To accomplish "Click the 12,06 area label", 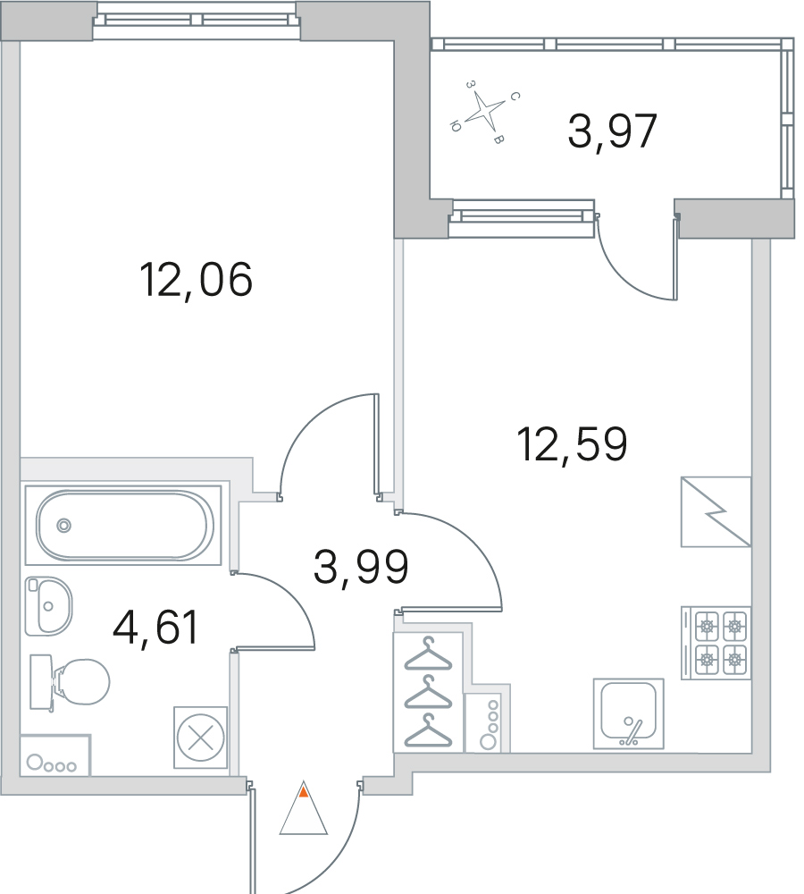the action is (x=196, y=280).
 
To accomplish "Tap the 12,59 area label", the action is (x=572, y=444).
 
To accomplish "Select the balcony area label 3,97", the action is (x=613, y=131).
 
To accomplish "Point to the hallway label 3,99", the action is (x=361, y=567).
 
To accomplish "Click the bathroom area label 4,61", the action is (x=155, y=628).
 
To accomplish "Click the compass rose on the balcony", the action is (x=485, y=111).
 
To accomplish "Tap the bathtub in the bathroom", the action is (x=124, y=525).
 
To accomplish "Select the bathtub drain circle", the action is (x=63, y=525).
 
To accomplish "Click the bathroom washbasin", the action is (x=48, y=605).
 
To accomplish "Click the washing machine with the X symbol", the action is (x=201, y=738).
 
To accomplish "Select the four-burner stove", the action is (x=716, y=643).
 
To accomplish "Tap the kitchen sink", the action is (x=629, y=713).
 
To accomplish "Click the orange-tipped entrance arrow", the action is (x=304, y=808).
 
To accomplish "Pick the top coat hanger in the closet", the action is (x=428, y=654).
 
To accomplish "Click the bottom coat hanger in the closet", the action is (x=428, y=730).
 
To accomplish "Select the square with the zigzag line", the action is (x=716, y=512).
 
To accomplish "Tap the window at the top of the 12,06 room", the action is (x=197, y=20).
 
